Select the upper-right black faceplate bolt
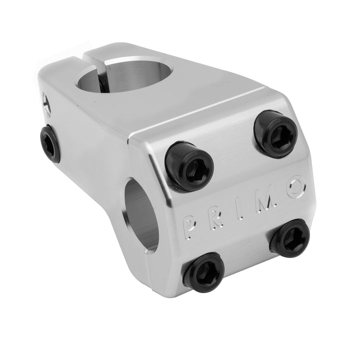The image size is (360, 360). coord(276,133)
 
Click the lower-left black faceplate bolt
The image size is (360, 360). coord(204,272)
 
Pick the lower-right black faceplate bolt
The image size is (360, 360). coord(290,238)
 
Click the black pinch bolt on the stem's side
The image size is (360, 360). coord(50,143)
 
